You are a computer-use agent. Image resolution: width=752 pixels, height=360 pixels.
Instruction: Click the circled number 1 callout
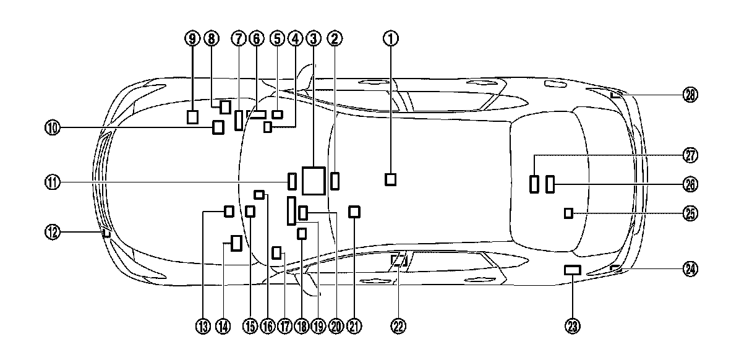(390, 39)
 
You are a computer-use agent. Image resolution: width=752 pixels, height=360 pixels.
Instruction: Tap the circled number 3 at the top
(314, 39)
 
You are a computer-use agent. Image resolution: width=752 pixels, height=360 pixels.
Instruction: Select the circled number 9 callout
(192, 39)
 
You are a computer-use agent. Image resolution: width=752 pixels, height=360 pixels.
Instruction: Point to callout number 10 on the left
(52, 128)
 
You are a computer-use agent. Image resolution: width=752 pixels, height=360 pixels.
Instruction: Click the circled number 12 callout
(52, 233)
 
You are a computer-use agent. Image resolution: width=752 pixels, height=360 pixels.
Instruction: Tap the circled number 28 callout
(690, 95)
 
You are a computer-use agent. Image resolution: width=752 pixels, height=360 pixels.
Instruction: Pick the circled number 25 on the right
(690, 213)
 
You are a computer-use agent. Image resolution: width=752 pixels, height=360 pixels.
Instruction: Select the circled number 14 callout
(223, 326)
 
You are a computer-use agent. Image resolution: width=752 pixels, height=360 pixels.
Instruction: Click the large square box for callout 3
(314, 181)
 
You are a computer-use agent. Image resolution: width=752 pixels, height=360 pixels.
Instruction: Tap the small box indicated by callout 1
(390, 179)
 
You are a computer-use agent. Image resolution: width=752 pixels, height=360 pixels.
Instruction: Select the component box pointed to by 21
(354, 212)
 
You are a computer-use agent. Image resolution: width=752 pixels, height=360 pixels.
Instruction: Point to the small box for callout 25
(568, 213)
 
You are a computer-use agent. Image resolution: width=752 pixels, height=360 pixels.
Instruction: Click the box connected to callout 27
(534, 184)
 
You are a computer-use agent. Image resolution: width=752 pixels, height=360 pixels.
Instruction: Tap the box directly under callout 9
(192, 117)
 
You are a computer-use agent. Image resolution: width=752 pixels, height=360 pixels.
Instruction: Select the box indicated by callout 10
(218, 127)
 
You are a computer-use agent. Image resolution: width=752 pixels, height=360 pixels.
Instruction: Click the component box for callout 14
(236, 243)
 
